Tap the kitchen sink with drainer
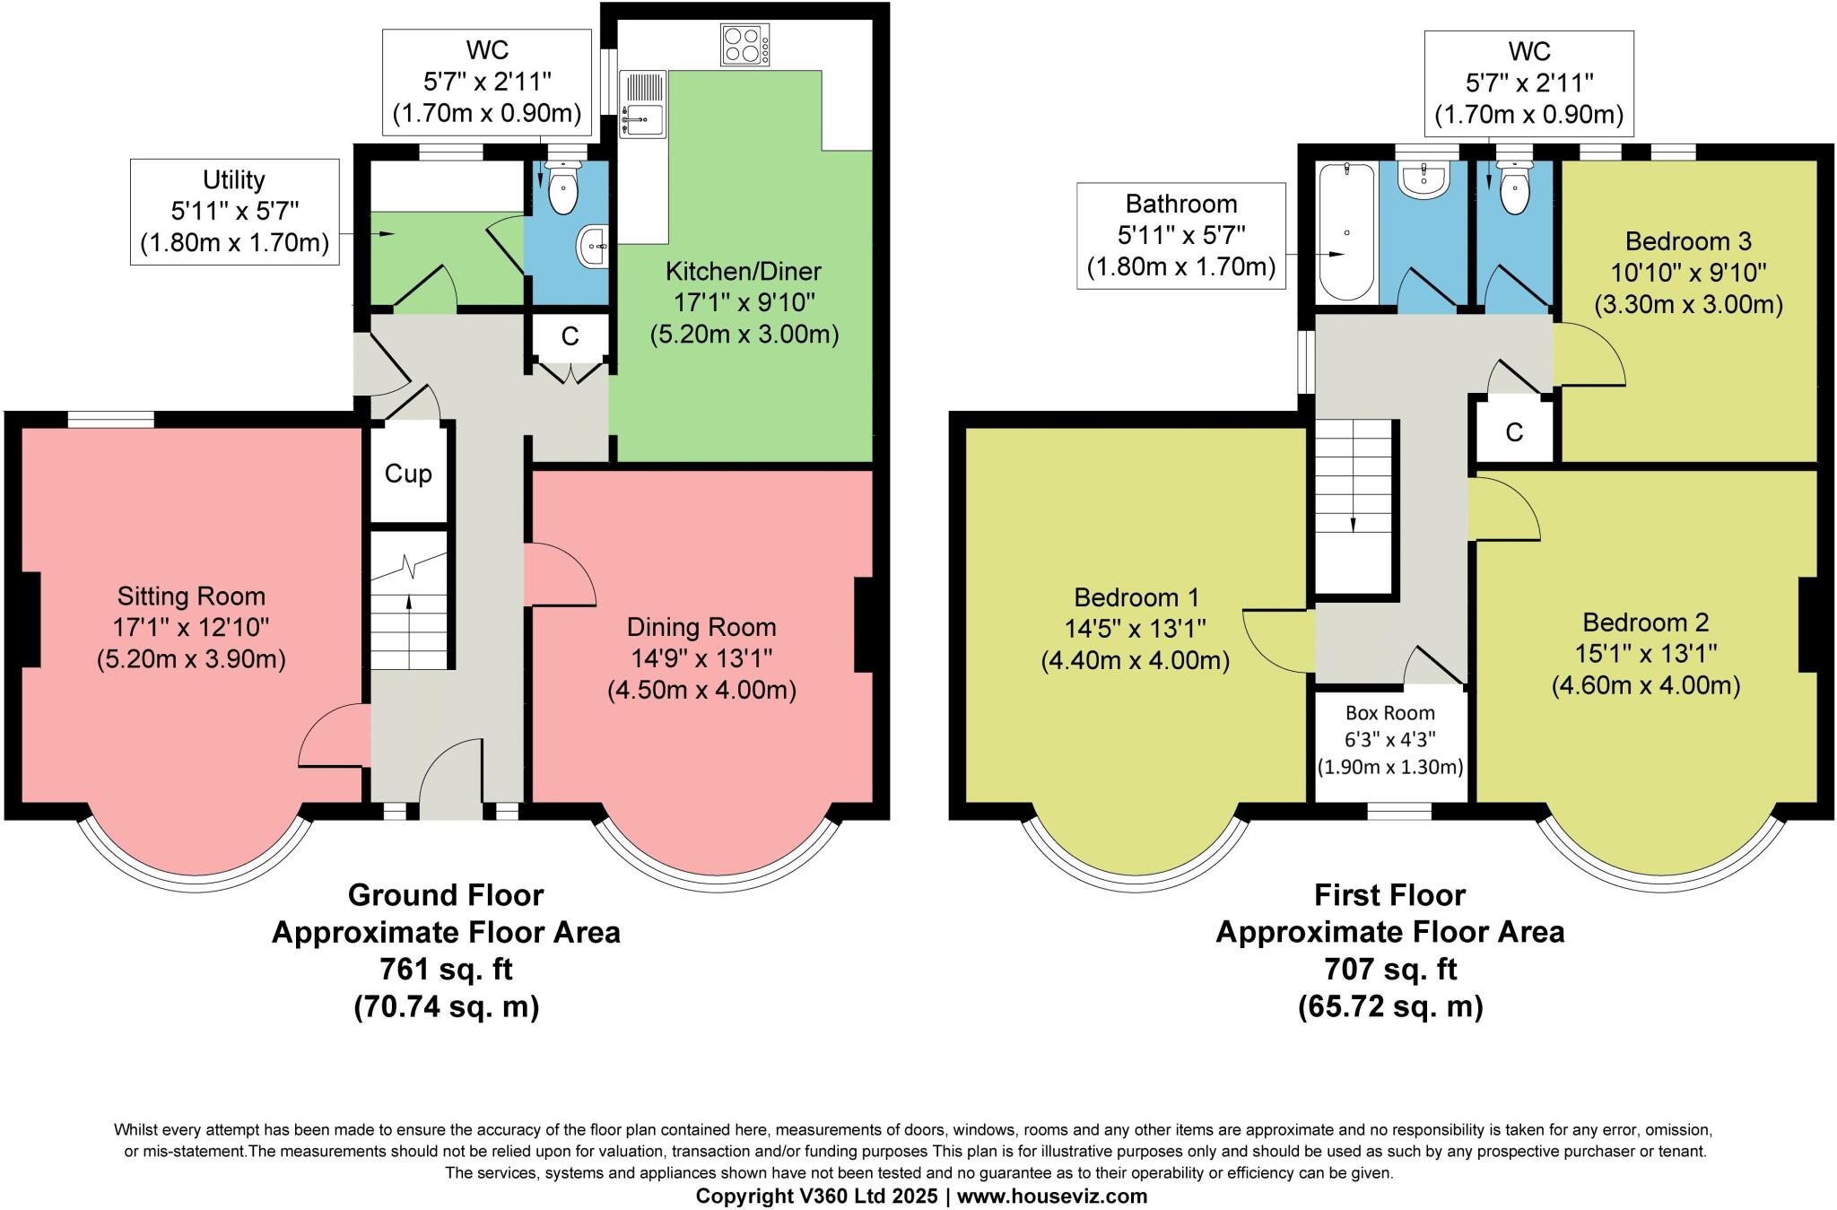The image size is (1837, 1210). pyautogui.click(x=642, y=104)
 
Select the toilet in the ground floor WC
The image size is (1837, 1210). pyautogui.click(x=562, y=188)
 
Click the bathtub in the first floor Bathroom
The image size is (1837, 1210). pyautogui.click(x=1345, y=231)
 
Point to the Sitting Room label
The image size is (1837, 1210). pyautogui.click(x=191, y=596)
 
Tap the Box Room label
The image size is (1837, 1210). pyautogui.click(x=1389, y=713)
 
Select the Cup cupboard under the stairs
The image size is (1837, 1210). pyautogui.click(x=408, y=474)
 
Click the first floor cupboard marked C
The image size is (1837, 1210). pyautogui.click(x=1514, y=432)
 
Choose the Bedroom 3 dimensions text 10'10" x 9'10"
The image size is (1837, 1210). pyautogui.click(x=1688, y=273)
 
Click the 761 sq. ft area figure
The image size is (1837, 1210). pyautogui.click(x=446, y=970)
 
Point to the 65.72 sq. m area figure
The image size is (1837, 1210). pyautogui.click(x=1389, y=1006)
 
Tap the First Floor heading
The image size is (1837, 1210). pyautogui.click(x=1389, y=895)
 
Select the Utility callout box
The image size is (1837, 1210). pyautogui.click(x=234, y=212)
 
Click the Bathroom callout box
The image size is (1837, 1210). pyautogui.click(x=1180, y=236)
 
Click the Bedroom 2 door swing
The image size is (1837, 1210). pyautogui.click(x=1505, y=510)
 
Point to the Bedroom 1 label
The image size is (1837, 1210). pyautogui.click(x=1136, y=597)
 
